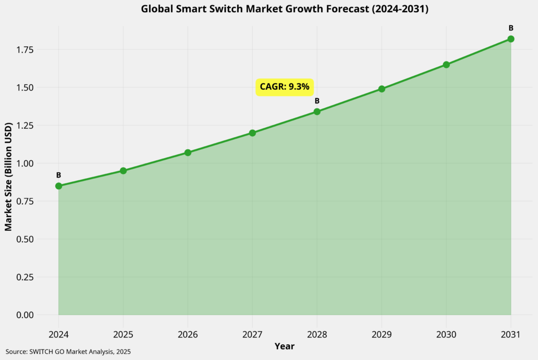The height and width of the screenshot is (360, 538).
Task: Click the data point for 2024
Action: pyautogui.click(x=58, y=186)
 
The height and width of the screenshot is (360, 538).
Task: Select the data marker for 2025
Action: pyautogui.click(x=123, y=171)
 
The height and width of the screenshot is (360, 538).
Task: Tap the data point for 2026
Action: pyautogui.click(x=188, y=152)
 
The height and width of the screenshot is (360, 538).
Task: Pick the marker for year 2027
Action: pyautogui.click(x=252, y=133)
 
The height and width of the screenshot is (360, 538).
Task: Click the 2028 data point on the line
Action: pyautogui.click(x=317, y=111)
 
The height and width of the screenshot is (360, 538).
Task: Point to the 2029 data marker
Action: pyautogui.click(x=381, y=89)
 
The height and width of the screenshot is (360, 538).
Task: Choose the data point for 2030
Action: pyautogui.click(x=446, y=65)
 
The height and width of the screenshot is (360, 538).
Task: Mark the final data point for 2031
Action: pyautogui.click(x=511, y=39)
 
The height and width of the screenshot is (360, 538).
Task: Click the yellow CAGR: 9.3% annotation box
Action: pyautogui.click(x=285, y=87)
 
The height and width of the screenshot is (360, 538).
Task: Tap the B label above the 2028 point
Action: pyautogui.click(x=317, y=101)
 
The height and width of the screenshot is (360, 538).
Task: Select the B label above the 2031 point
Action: pyautogui.click(x=511, y=28)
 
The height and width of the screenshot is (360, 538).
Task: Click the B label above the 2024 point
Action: pyautogui.click(x=58, y=175)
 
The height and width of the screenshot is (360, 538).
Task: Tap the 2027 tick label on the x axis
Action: pyautogui.click(x=252, y=334)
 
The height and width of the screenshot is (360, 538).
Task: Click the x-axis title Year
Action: pyautogui.click(x=284, y=346)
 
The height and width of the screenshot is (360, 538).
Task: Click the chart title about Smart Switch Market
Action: pyautogui.click(x=284, y=9)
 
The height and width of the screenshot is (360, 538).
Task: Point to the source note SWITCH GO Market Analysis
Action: pyautogui.click(x=68, y=351)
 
